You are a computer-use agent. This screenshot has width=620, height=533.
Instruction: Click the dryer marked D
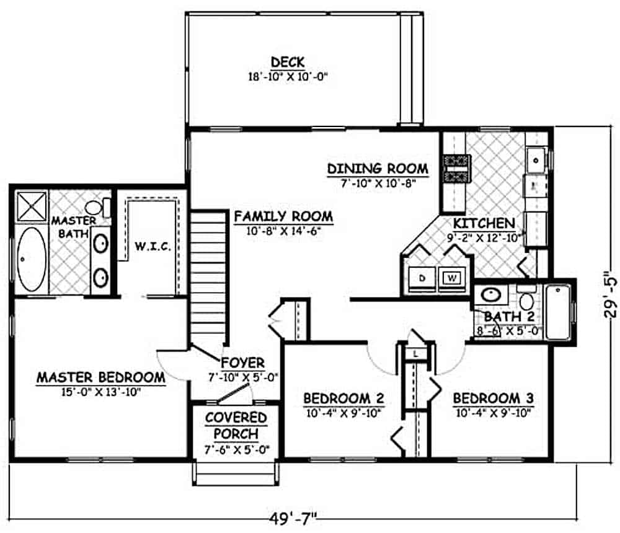422,278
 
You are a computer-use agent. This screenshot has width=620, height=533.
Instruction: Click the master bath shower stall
32,206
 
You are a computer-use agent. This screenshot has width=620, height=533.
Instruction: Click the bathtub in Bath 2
558,312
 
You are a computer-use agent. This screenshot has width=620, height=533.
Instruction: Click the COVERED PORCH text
236,425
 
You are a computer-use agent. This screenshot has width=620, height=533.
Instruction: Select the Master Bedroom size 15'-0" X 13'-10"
100,392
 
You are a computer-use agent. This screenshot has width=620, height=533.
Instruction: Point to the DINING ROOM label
378,169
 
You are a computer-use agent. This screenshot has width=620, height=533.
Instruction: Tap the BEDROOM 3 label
494,397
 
